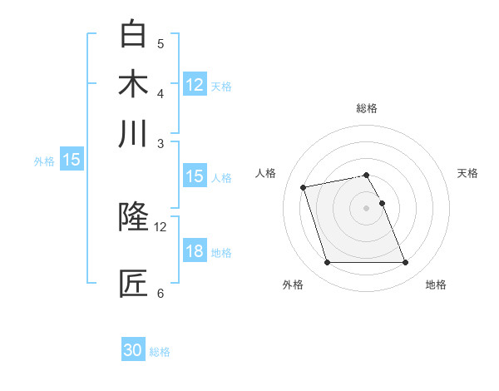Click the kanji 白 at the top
tap(134, 34)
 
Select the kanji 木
tap(134, 84)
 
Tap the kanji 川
tap(134, 134)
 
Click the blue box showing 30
tap(133, 350)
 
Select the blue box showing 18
tap(195, 252)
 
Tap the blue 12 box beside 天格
tap(195, 85)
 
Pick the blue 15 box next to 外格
tap(72, 161)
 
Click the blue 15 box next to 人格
tap(195, 176)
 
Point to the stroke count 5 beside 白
tap(161, 43)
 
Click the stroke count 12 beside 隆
tap(161, 226)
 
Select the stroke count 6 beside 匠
tap(161, 293)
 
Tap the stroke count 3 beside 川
tap(161, 143)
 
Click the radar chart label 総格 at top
tap(367, 108)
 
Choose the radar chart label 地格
tap(436, 285)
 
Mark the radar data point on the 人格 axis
tap(304, 186)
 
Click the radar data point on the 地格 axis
tap(405, 263)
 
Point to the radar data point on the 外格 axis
tap(327, 263)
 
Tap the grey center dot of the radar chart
tap(367, 207)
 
